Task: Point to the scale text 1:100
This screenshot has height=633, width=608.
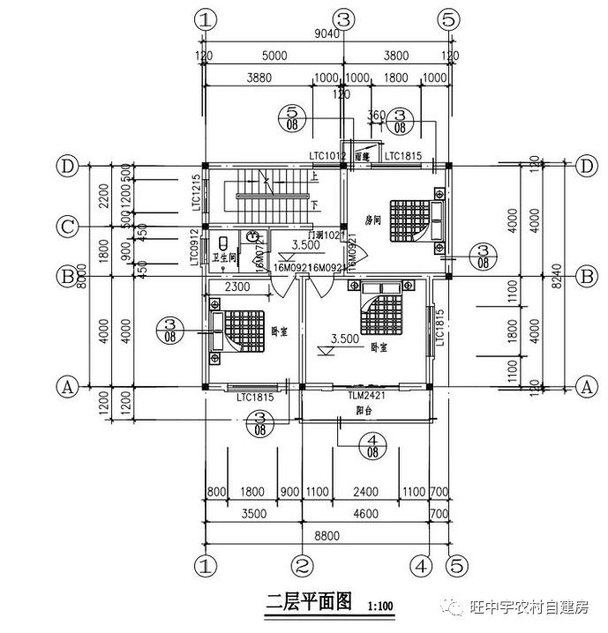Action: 380,606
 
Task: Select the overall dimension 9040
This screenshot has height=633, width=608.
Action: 326,34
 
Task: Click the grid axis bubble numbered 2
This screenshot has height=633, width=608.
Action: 303,563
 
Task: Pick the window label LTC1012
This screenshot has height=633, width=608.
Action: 327,157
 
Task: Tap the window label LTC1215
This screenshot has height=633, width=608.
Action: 196,191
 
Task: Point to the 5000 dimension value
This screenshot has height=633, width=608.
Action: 275,56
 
